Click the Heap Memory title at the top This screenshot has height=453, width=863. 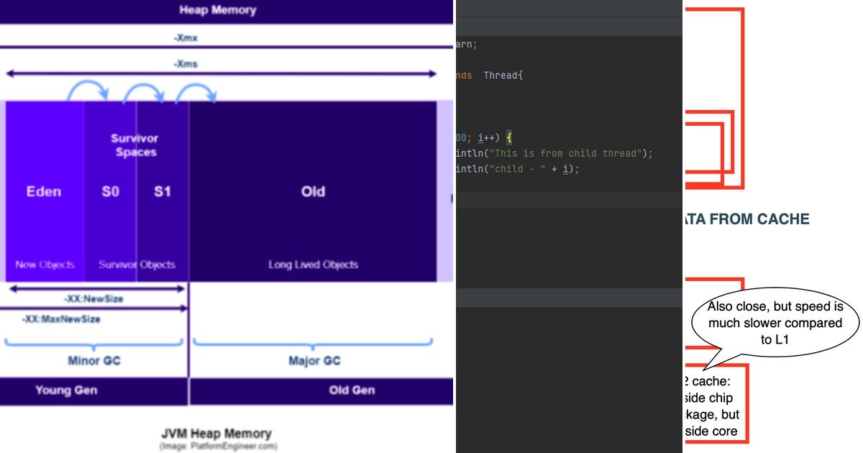pyautogui.click(x=217, y=10)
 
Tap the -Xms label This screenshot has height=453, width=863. pyautogui.click(x=185, y=64)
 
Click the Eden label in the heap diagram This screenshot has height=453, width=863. pyautogui.click(x=44, y=192)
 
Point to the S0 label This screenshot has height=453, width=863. pyautogui.click(x=110, y=192)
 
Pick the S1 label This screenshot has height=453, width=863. pyautogui.click(x=162, y=192)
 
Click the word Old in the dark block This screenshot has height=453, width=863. pyautogui.click(x=313, y=192)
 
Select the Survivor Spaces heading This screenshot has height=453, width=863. pyautogui.click(x=135, y=145)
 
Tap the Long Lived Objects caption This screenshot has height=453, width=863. pyautogui.click(x=313, y=265)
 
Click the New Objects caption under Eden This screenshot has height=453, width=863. pyautogui.click(x=45, y=265)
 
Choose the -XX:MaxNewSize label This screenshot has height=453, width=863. pyautogui.click(x=60, y=319)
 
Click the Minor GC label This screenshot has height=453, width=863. pyautogui.click(x=93, y=360)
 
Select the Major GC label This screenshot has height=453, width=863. pyautogui.click(x=314, y=360)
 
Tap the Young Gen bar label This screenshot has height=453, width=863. pyautogui.click(x=66, y=390)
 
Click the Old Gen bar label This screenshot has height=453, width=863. pyautogui.click(x=352, y=390)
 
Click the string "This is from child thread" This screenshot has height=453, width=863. pyautogui.click(x=565, y=153)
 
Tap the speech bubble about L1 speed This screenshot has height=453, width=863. pyautogui.click(x=775, y=323)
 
